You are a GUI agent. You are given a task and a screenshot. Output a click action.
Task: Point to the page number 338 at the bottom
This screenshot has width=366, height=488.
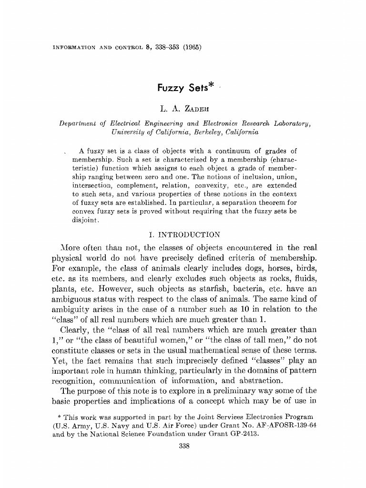click(183, 446)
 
